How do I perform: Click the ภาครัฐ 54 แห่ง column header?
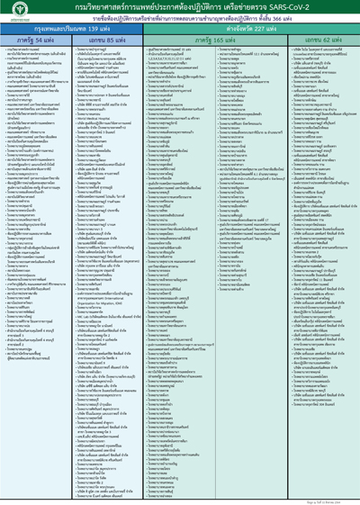[35, 41]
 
